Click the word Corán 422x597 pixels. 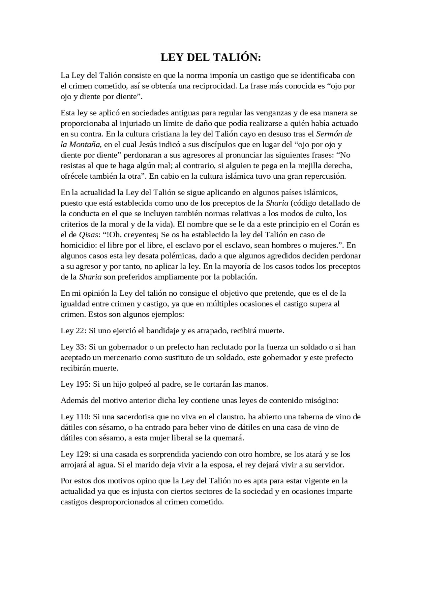tap(340, 224)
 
